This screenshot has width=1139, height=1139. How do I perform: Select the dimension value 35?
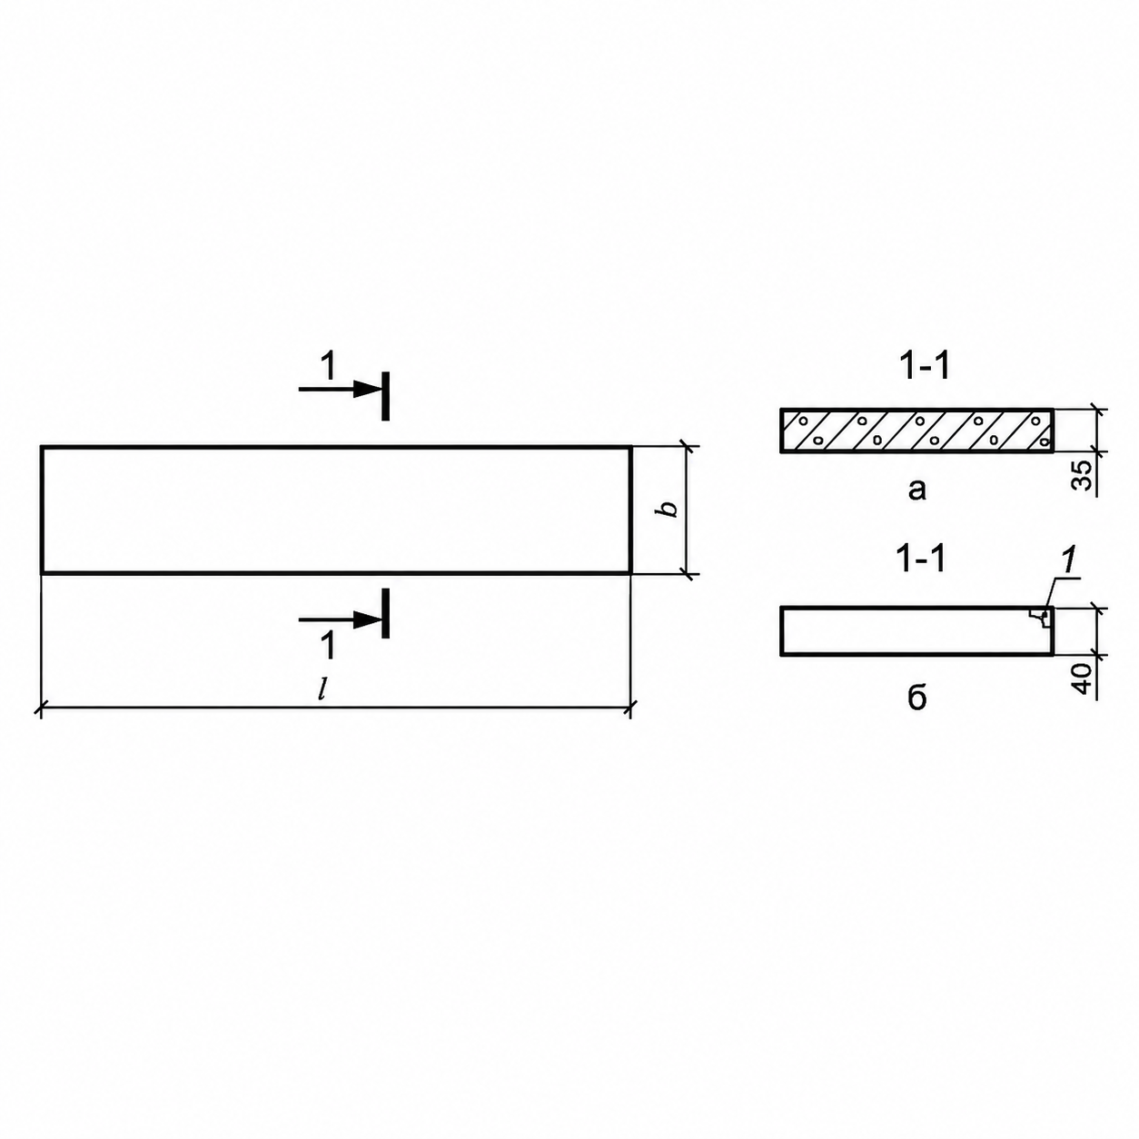(1081, 475)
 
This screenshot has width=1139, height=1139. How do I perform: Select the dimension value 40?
(1081, 678)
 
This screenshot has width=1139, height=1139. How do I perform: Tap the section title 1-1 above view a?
(923, 366)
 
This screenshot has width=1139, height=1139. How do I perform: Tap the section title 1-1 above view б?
(921, 559)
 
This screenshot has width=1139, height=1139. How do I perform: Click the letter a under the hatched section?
(916, 490)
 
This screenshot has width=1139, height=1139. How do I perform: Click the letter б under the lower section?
(916, 698)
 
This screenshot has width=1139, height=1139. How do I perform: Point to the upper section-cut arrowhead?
(368, 390)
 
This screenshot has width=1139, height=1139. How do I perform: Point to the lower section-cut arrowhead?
(368, 619)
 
